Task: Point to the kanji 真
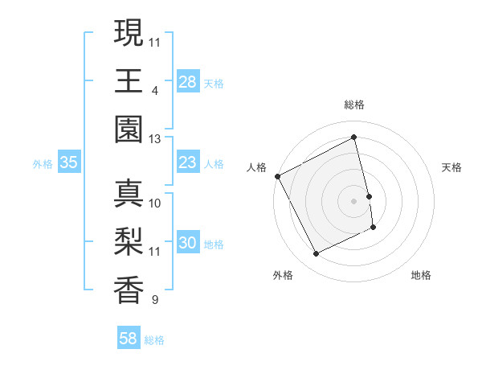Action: pos(129,195)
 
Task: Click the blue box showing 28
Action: pos(188,82)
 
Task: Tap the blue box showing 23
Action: pos(188,163)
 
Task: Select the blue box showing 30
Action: pos(188,244)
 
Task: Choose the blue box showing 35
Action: pos(68,163)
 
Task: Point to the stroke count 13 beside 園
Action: pos(154,139)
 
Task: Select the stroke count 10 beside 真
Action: pos(155,203)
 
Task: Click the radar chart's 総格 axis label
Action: pos(353,105)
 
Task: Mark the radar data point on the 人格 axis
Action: pos(277,176)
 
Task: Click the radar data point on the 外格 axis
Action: pos(316,254)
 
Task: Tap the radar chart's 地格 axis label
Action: pos(421,275)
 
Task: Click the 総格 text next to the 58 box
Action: pos(154,340)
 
